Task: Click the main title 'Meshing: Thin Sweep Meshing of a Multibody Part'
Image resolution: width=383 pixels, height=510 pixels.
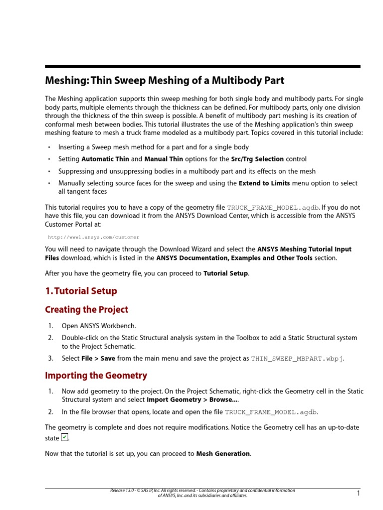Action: [x=165, y=81]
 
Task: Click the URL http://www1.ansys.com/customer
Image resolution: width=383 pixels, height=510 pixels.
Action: [x=94, y=238]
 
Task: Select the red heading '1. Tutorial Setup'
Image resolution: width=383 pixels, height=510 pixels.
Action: [x=81, y=291]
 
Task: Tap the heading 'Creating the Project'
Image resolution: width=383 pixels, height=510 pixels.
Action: [x=86, y=310]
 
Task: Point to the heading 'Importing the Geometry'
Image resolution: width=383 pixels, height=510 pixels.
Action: [x=96, y=376]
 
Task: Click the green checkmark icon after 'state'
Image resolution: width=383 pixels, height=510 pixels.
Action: [x=64, y=438]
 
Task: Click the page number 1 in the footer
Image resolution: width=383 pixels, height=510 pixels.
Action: [x=358, y=493]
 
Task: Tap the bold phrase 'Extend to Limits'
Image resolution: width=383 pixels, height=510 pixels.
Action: [x=264, y=183]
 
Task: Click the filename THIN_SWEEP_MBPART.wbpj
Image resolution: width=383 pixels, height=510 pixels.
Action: [x=297, y=359]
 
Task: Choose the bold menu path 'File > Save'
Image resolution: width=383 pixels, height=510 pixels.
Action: [x=98, y=359]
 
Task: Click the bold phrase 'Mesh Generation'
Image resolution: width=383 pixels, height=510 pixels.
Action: [x=223, y=454]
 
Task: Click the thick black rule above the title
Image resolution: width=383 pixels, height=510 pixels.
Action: [x=202, y=66]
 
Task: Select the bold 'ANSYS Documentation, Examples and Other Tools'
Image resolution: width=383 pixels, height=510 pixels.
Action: [x=234, y=258]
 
